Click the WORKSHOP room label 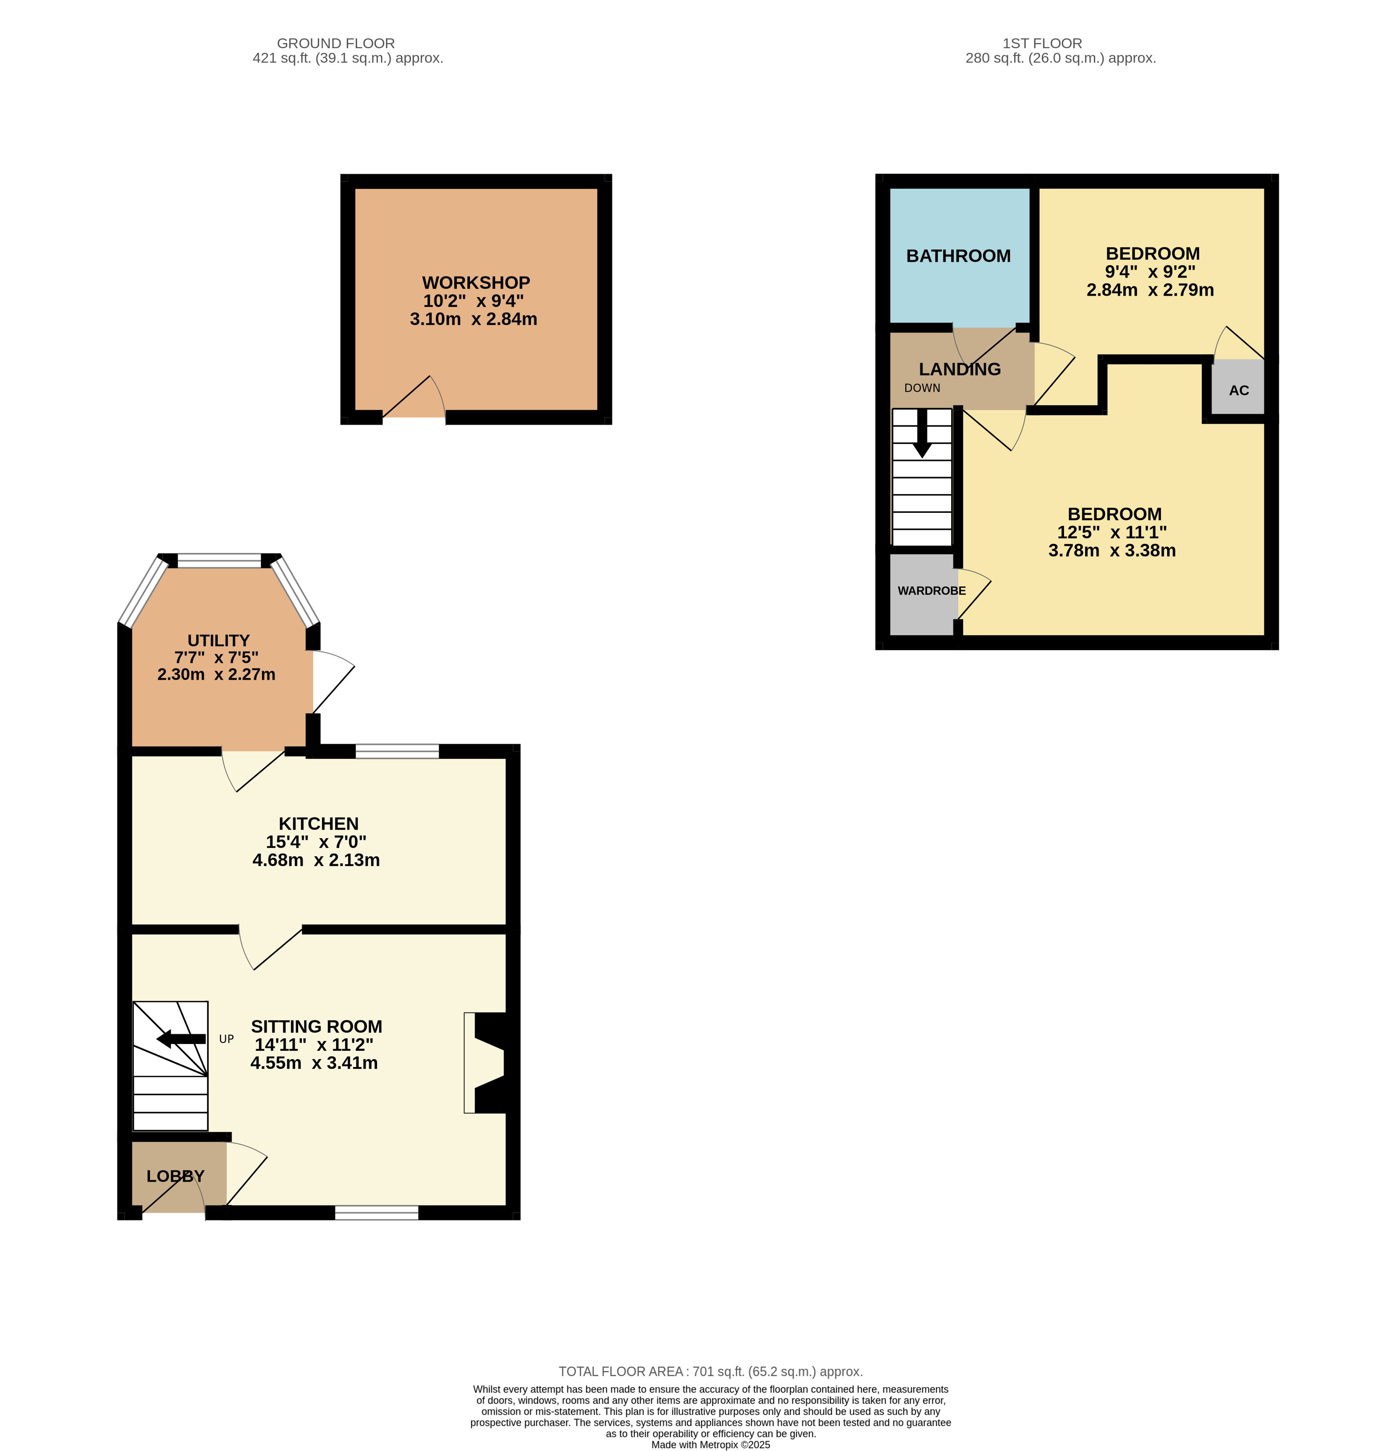click(476, 283)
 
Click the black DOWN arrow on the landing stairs click(922, 433)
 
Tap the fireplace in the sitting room click(485, 1062)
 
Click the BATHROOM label click(958, 256)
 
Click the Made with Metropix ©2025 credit click(710, 1444)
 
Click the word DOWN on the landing click(922, 388)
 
